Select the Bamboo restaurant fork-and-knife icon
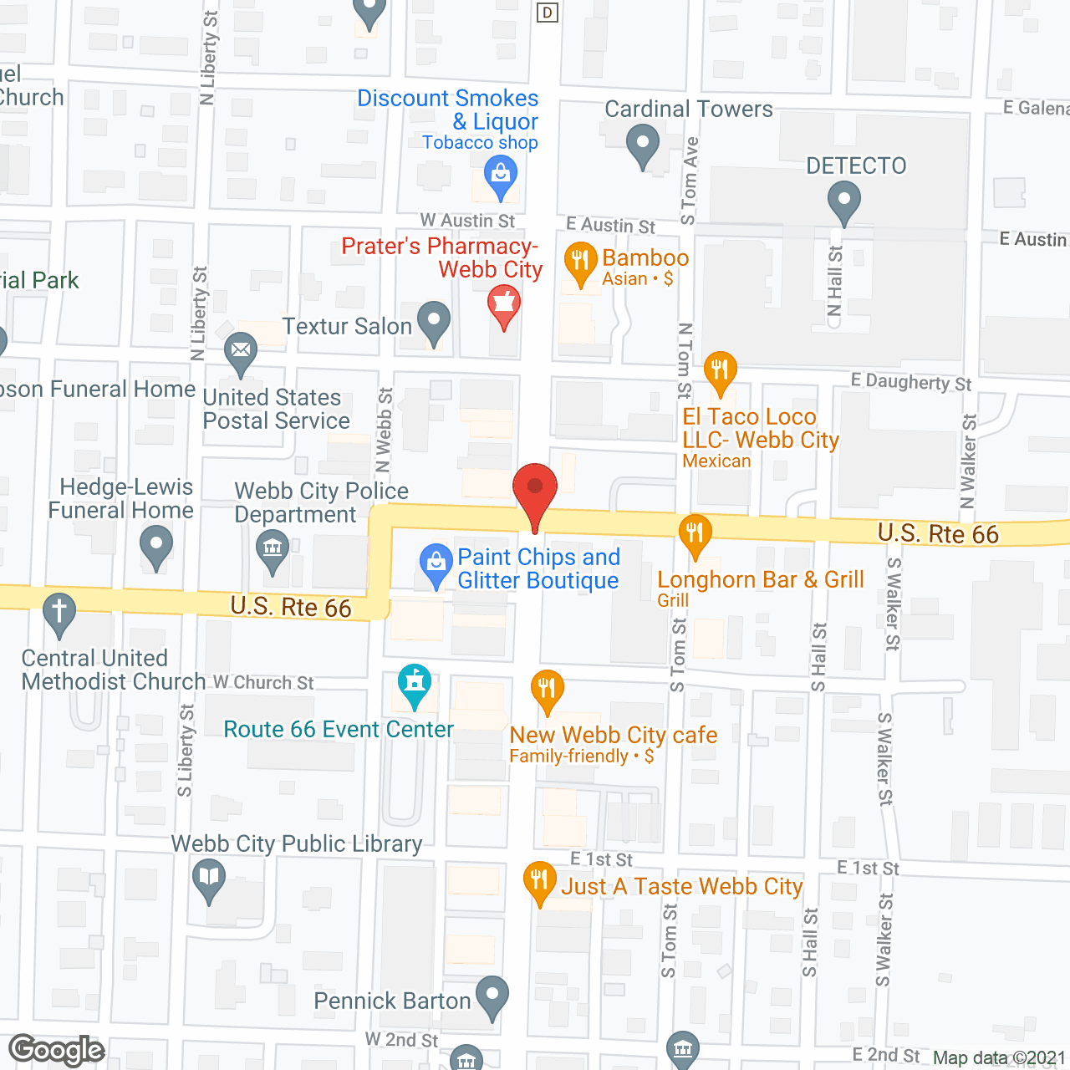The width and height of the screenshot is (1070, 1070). [x=580, y=262]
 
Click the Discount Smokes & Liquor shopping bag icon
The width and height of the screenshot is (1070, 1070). [x=501, y=176]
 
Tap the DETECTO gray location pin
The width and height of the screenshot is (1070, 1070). [x=843, y=201]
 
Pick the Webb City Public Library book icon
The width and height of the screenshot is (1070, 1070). [x=209, y=879]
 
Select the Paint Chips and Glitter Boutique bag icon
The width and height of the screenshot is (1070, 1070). [x=436, y=564]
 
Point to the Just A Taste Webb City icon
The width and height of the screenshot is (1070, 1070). [x=540, y=881]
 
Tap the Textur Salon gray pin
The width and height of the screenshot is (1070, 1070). [x=433, y=321]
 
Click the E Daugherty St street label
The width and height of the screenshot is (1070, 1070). [x=911, y=382]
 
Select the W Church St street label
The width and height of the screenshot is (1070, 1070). [x=263, y=683]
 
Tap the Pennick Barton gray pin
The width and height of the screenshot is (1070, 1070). [x=492, y=996]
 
